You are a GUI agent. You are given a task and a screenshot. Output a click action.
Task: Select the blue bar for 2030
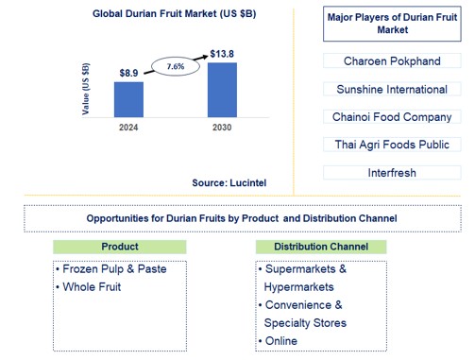[x=222, y=91]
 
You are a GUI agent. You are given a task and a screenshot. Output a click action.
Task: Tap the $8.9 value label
[x=129, y=73]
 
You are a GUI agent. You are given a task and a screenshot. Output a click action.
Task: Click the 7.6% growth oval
[x=176, y=68]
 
